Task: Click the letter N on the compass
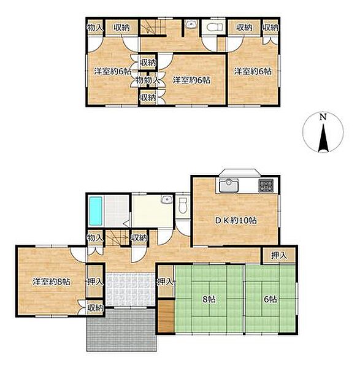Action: [323, 117]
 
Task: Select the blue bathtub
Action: [96, 211]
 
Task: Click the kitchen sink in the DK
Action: [228, 185]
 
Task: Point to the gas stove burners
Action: [266, 185]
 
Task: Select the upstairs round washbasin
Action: [190, 25]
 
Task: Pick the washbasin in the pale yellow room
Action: [167, 200]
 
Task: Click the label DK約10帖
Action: [236, 220]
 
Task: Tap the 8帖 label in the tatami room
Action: [209, 299]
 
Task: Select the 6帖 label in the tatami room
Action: [270, 299]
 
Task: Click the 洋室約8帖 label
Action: [51, 282]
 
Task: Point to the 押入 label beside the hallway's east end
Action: [279, 255]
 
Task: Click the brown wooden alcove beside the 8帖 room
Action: [166, 316]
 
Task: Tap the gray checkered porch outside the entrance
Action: [121, 330]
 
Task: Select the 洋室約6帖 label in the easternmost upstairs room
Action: [253, 71]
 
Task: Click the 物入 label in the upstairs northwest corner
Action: [95, 28]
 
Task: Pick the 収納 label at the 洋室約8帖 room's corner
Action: [95, 308]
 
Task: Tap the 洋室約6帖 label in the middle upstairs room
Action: [191, 80]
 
